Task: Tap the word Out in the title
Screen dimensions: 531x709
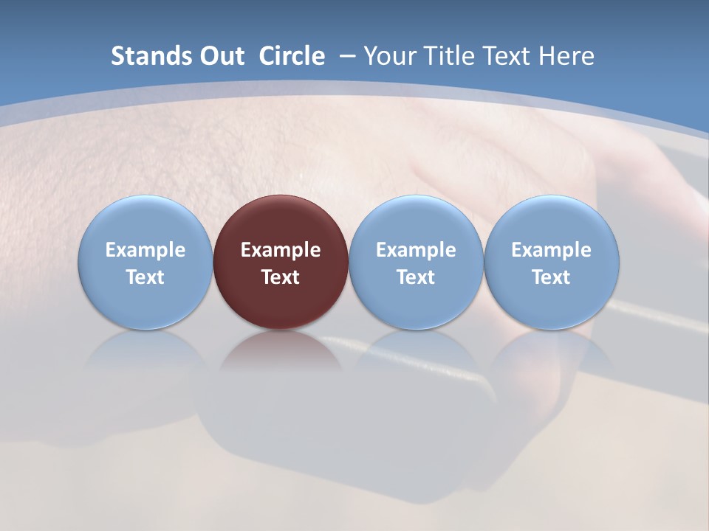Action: pos(220,56)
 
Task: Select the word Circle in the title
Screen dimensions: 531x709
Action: pos(292,56)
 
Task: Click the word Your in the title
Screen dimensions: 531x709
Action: pos(387,56)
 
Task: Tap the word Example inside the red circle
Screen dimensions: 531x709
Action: pos(281,250)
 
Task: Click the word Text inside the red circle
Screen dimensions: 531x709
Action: pos(281,277)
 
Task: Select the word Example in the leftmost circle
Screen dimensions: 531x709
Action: pos(145,250)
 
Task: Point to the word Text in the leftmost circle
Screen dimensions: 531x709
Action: pos(145,277)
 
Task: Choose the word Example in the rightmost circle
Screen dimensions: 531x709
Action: pos(552,250)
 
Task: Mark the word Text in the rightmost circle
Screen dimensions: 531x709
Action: pos(552,277)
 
